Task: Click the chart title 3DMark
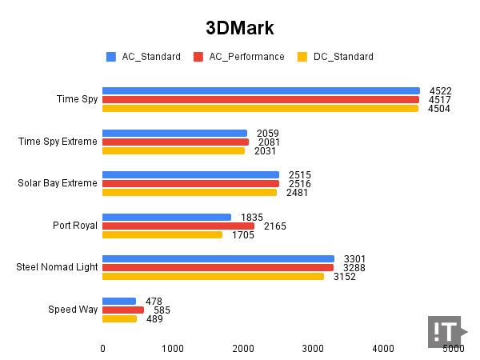(240, 29)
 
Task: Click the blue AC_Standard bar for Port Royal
(166, 217)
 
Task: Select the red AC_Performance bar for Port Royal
(178, 226)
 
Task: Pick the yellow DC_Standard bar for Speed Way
(119, 318)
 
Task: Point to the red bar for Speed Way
(123, 310)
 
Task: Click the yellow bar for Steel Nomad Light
(213, 276)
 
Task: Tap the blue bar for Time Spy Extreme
(174, 133)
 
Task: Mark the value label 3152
(344, 277)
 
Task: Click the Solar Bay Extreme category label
(58, 183)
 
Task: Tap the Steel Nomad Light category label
(57, 267)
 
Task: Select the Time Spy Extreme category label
(58, 142)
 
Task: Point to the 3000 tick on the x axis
(313, 349)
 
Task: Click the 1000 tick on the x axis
(173, 349)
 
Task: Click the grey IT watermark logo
(445, 331)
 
